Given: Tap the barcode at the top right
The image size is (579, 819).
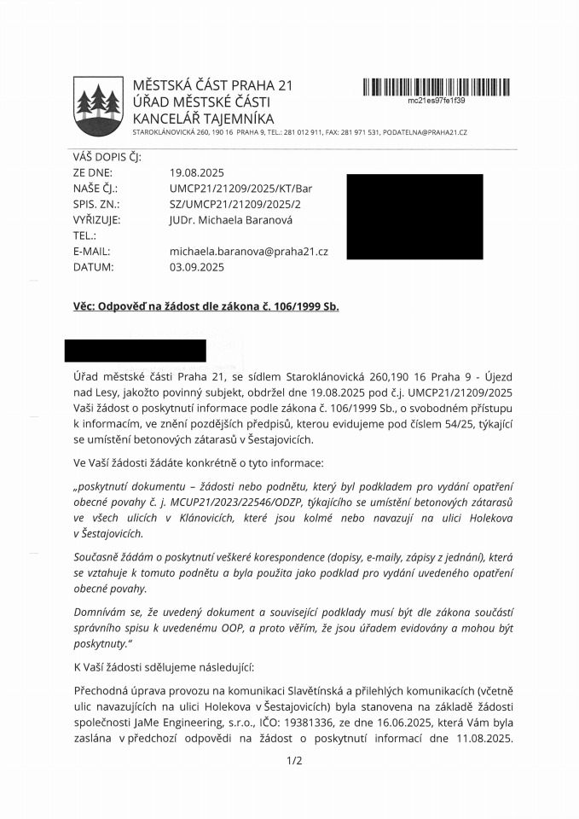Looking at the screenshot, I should pyautogui.click(x=436, y=85).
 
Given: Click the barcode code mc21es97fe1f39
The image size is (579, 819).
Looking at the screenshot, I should pyautogui.click(x=436, y=101).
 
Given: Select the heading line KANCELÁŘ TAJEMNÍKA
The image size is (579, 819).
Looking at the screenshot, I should pyautogui.click(x=203, y=119).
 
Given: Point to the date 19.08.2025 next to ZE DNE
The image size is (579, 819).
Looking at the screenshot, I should pyautogui.click(x=197, y=172).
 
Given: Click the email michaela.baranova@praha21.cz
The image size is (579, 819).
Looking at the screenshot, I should pyautogui.click(x=249, y=251).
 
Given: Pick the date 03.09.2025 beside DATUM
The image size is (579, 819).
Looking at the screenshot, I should pyautogui.click(x=197, y=267).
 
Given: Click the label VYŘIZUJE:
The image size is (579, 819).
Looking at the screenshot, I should pyautogui.click(x=96, y=219).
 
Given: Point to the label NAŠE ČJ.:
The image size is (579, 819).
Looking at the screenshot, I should pyautogui.click(x=95, y=189).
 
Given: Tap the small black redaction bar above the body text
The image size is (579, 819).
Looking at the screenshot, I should pyautogui.click(x=136, y=351).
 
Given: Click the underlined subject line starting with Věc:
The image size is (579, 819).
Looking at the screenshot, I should pyautogui.click(x=206, y=306).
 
